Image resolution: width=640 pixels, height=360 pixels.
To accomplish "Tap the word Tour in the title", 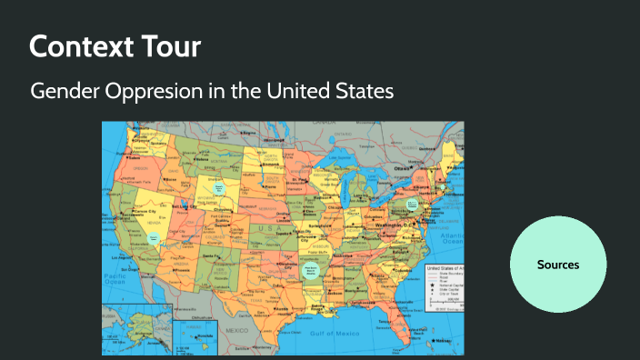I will (x=169, y=45).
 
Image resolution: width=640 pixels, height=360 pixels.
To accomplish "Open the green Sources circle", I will (x=558, y=265).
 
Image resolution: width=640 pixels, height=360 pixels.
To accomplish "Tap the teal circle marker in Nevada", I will (x=154, y=238).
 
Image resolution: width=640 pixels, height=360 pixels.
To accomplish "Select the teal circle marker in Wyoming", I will (x=218, y=185).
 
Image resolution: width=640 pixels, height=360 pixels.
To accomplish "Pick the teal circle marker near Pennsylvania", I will (x=412, y=204).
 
